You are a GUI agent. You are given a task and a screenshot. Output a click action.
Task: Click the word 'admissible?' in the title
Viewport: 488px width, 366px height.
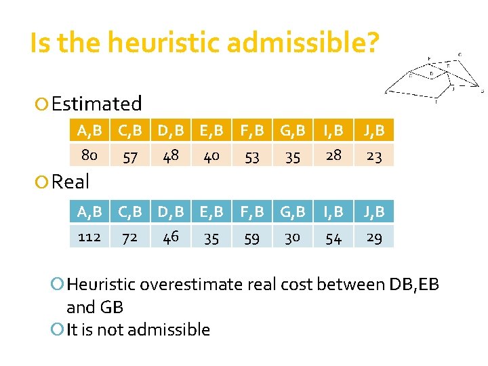[x=304, y=43]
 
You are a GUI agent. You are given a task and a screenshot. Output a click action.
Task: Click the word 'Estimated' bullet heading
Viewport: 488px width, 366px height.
[x=96, y=104]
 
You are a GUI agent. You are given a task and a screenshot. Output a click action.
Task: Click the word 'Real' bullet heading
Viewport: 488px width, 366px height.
[x=70, y=182]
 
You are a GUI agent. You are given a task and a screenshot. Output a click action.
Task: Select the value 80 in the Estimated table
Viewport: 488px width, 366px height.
[x=89, y=156]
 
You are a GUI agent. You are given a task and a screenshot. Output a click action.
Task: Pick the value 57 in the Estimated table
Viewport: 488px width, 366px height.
[x=130, y=157]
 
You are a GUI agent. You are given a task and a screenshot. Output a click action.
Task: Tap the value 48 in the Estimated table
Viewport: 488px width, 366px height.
[x=171, y=156]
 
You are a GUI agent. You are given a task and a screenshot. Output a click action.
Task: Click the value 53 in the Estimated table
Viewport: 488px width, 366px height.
[x=252, y=157]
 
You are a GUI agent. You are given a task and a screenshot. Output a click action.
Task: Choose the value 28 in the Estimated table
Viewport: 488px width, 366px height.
[x=333, y=156]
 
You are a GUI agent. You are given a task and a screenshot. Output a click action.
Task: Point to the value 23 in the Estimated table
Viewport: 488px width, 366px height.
[x=374, y=157]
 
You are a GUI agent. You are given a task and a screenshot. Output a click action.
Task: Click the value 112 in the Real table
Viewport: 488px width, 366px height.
[x=89, y=237]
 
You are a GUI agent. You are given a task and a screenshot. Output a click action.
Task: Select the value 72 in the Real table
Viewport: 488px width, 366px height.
[x=130, y=237]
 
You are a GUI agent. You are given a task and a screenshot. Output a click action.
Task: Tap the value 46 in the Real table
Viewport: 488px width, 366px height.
[x=171, y=237]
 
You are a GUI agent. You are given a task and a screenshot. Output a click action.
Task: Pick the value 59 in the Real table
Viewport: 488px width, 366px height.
[x=252, y=238]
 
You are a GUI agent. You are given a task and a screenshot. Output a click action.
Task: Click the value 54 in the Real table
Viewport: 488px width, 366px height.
[x=333, y=238]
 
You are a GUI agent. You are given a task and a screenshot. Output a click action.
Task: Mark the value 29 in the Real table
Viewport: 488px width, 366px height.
[x=374, y=237]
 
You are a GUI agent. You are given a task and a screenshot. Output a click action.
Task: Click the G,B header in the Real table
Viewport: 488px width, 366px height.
[x=293, y=211]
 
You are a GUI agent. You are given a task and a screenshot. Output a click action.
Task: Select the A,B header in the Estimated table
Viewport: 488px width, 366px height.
[x=89, y=131]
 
